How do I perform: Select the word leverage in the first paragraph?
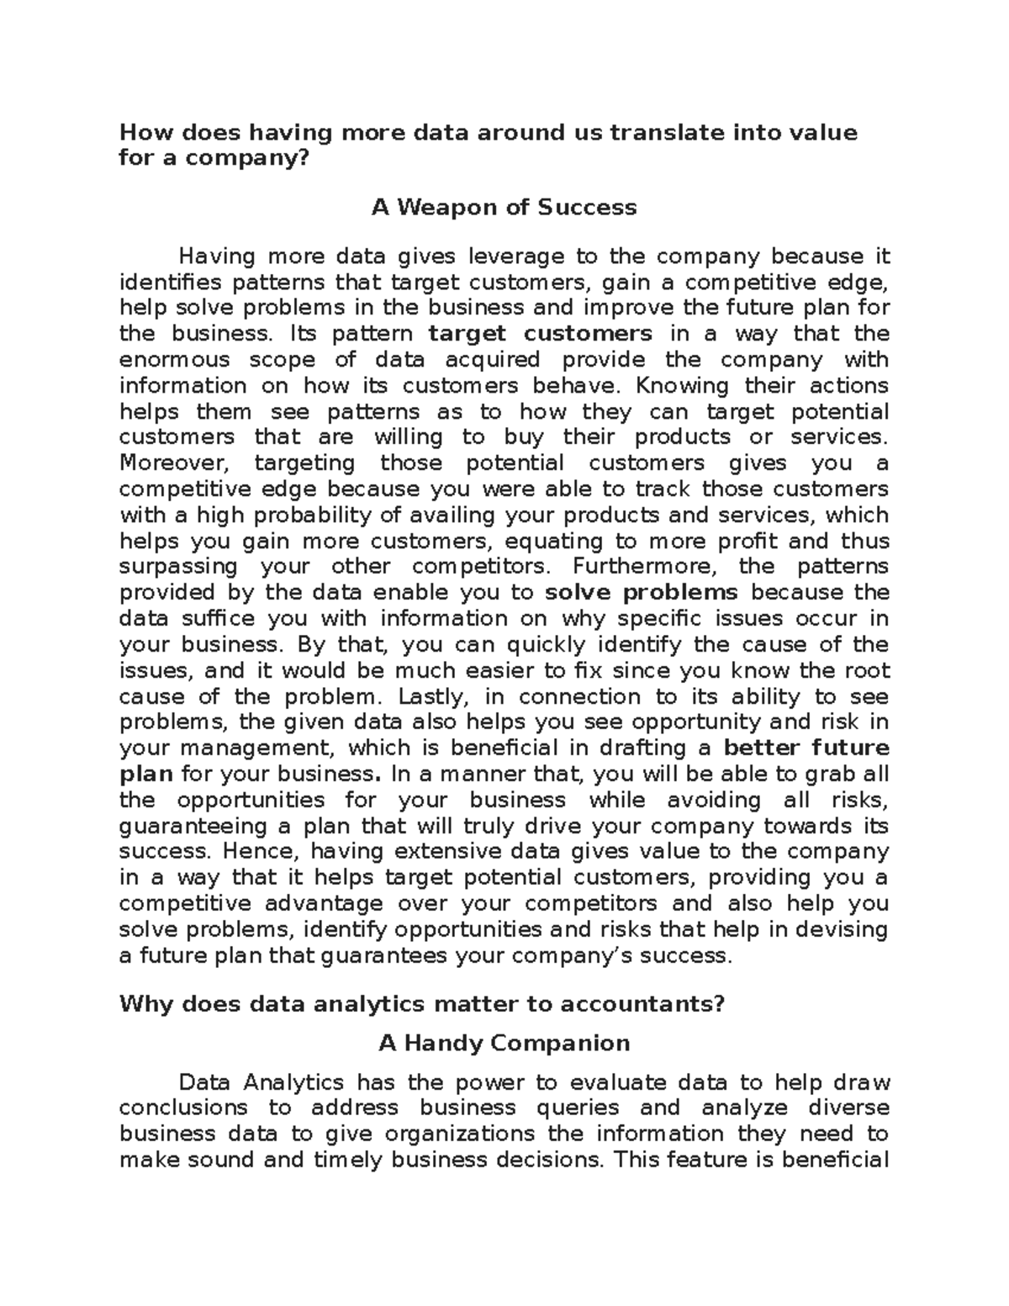[x=516, y=256]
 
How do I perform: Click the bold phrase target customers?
[x=540, y=333]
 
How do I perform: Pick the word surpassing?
[x=178, y=567]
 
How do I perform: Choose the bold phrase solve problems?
[x=642, y=593]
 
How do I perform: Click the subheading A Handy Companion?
[x=504, y=1044]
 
